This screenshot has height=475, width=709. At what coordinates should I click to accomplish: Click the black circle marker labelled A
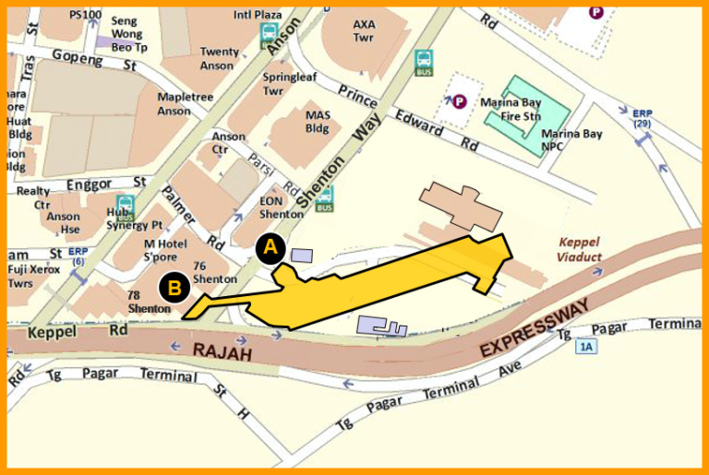(270, 248)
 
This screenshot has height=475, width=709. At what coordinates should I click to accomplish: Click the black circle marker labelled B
(174, 288)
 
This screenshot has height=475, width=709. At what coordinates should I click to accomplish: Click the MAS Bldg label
(318, 121)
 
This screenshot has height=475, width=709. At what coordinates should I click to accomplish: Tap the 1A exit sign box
(585, 347)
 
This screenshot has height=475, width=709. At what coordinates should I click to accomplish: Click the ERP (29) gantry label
(643, 118)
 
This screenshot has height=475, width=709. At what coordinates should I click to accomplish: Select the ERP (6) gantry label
(78, 255)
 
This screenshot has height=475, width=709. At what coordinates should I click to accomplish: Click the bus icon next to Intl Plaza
(270, 33)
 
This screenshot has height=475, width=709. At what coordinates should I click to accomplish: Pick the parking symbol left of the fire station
(459, 101)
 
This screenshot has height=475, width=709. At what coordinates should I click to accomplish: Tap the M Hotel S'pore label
(166, 248)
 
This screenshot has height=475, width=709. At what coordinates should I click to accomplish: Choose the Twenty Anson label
(220, 58)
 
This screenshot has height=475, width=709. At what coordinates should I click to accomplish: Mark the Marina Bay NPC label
(572, 140)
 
